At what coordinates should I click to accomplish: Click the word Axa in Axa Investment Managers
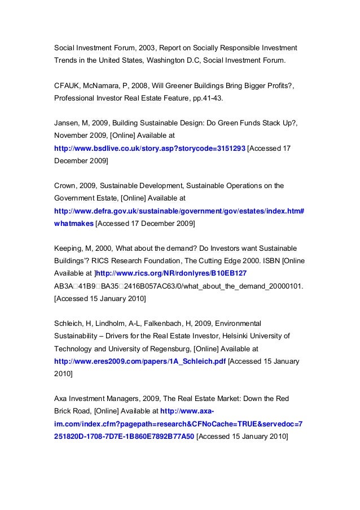[x=61, y=399]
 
